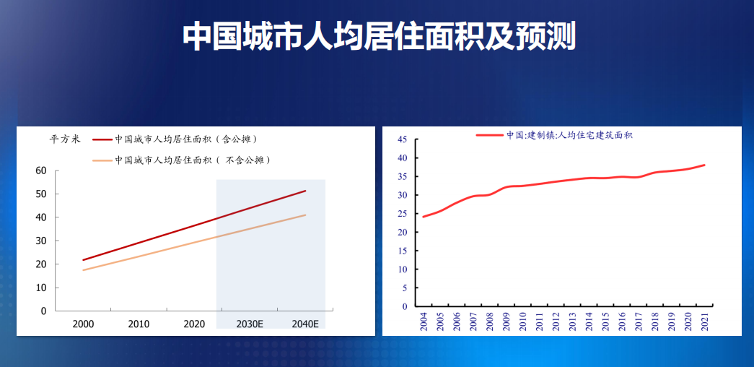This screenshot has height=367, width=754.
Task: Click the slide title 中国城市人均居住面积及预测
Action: coord(379,36)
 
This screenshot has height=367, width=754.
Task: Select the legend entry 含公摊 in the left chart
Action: coord(186,139)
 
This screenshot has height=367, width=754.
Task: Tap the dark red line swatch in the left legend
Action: coord(102,139)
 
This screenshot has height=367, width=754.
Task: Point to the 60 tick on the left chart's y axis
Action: coord(41,170)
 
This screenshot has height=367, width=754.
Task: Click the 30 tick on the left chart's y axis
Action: coord(41,241)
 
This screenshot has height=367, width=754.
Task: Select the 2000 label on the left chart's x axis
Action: coord(83,324)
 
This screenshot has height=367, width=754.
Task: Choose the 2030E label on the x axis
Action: coord(250,324)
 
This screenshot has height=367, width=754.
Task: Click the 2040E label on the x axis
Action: coord(305,324)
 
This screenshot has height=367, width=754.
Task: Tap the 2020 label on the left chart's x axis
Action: coord(194,324)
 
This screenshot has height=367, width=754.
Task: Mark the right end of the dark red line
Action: coord(306,191)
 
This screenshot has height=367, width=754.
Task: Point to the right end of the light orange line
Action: coord(306,215)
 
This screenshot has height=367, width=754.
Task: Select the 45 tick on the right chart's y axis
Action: coord(403,139)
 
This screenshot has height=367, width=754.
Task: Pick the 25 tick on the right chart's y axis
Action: coord(403,214)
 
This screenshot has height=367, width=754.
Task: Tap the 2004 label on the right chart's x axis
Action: coord(424,322)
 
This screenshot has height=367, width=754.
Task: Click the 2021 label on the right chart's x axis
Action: coord(705,322)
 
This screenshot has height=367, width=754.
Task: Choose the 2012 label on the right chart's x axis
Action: coord(556,322)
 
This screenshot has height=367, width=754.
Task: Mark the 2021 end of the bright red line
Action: coord(705,165)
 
